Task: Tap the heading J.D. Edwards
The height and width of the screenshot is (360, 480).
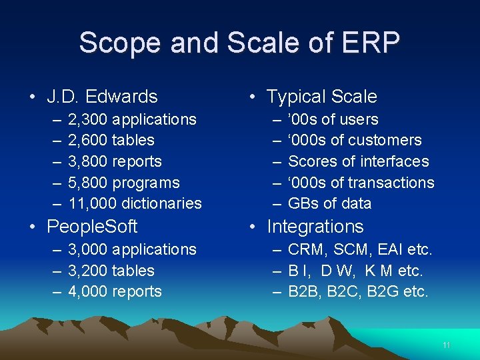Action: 102,97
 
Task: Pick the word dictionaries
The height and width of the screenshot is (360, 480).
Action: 161,203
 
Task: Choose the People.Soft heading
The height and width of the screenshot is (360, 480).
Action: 92,227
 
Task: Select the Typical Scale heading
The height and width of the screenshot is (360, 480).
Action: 322,97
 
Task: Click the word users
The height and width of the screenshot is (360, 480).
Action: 359,120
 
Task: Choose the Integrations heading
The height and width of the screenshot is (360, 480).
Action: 315,227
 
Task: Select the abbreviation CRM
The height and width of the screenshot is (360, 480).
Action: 306,250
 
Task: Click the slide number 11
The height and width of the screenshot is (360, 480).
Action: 447,345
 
